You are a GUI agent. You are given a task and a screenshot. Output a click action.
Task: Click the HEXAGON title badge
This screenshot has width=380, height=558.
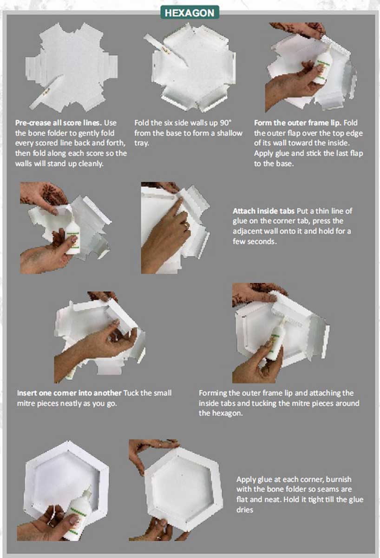[190, 13]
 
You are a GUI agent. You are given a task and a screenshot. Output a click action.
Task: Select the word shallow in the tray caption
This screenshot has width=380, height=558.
[229, 133]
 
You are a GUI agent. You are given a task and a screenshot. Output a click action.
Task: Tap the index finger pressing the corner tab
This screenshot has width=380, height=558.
[176, 212]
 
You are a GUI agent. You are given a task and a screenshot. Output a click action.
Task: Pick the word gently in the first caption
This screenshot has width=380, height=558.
[77, 133]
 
